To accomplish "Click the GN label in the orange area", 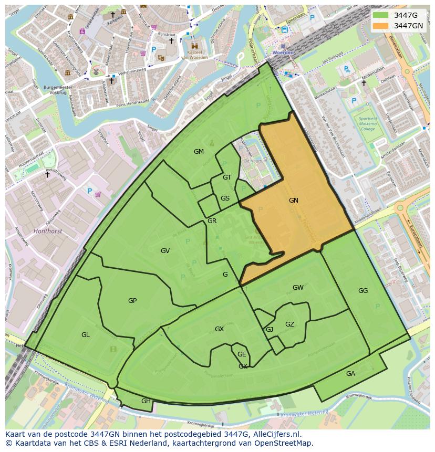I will pyautogui.click(x=293, y=200).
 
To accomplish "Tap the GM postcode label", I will pyautogui.click(x=199, y=152).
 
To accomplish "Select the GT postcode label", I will pyautogui.click(x=227, y=177).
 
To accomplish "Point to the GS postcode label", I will pyautogui.click(x=225, y=198).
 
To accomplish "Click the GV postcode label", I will pyautogui.click(x=165, y=251).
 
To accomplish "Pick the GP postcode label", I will pyautogui.click(x=132, y=301).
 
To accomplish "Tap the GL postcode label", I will pyautogui.click(x=86, y=335).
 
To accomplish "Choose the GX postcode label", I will pyautogui.click(x=219, y=329).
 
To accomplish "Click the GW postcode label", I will pyautogui.click(x=298, y=288).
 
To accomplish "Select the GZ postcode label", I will pyautogui.click(x=289, y=324).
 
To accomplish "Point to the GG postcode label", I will pyautogui.click(x=363, y=291).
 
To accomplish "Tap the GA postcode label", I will pyautogui.click(x=350, y=374).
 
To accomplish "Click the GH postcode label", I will pyautogui.click(x=146, y=401).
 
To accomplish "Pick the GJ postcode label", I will pyautogui.click(x=270, y=330).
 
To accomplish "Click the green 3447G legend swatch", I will pyautogui.click(x=380, y=15).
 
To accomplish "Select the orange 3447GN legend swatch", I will pyautogui.click(x=380, y=26).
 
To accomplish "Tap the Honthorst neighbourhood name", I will pyautogui.click(x=47, y=231).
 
